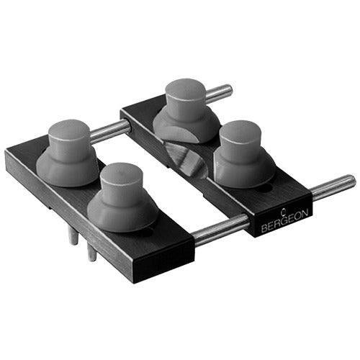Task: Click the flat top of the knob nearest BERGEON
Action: click(x=240, y=135)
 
